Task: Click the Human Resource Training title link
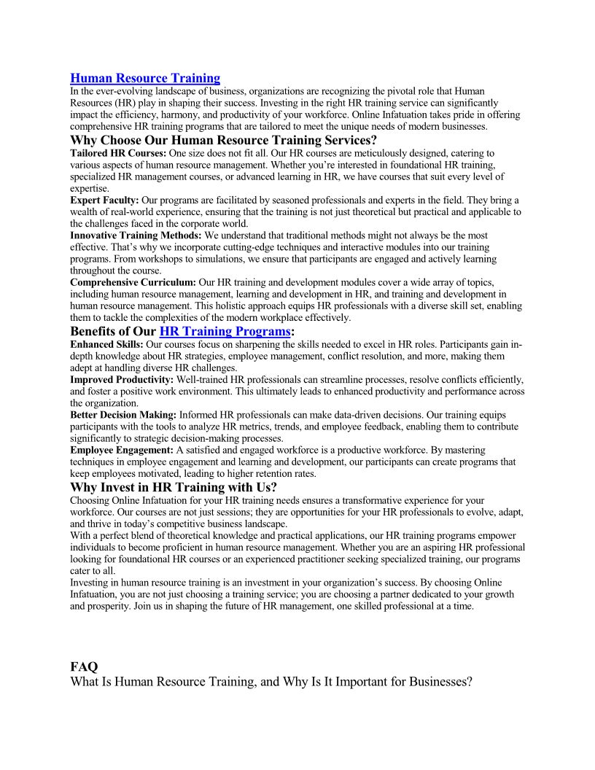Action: pyautogui.click(x=145, y=78)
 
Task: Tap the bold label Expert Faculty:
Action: pyautogui.click(x=104, y=201)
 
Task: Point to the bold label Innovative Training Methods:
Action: pyautogui.click(x=136, y=236)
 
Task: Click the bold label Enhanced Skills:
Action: pyautogui.click(x=106, y=343)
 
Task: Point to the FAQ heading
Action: pyautogui.click(x=84, y=666)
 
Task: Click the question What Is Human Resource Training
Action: pyautogui.click(x=271, y=682)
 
